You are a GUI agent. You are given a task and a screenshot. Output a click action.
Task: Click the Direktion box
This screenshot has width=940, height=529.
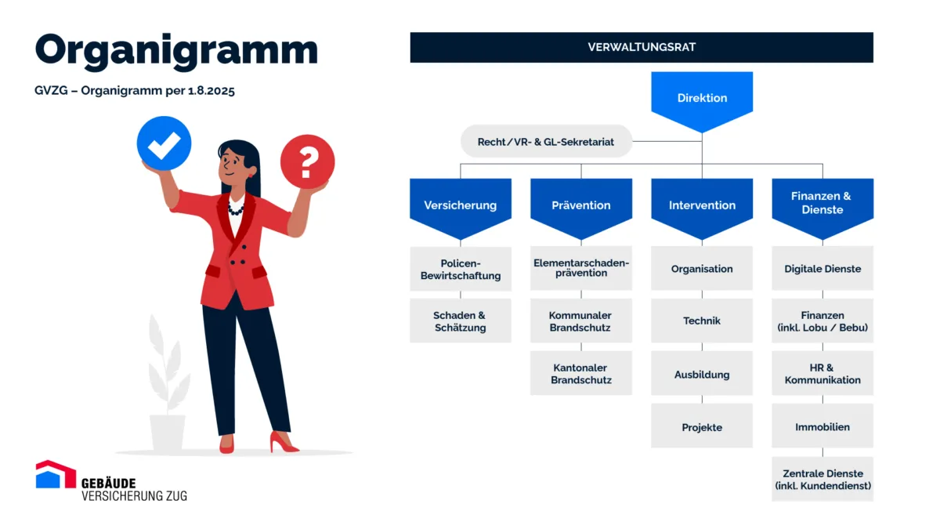click(702, 98)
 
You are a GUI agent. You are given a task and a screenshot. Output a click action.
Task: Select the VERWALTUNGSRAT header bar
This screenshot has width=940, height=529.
click(641, 47)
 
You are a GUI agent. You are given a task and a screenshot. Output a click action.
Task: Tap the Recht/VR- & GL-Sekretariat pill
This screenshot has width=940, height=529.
click(546, 142)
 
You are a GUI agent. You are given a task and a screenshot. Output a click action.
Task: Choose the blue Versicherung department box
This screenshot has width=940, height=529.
click(460, 205)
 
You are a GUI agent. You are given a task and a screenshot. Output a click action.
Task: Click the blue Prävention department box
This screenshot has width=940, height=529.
click(580, 205)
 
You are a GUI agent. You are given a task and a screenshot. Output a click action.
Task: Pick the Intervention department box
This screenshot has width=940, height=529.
click(702, 205)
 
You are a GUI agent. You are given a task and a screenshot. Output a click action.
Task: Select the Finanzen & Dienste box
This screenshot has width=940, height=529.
click(822, 203)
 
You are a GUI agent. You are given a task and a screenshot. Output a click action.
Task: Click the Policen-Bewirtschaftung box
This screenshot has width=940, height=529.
click(460, 269)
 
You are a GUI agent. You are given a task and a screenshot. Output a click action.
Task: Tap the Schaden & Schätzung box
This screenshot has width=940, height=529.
click(460, 321)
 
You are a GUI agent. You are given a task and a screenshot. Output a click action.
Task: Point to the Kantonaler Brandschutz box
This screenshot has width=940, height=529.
click(580, 374)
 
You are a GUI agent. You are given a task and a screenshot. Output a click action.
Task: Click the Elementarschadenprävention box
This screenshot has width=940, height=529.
click(580, 268)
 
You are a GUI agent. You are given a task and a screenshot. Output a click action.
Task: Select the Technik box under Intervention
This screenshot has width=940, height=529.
click(702, 321)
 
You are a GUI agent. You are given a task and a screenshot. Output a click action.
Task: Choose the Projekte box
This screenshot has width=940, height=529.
click(702, 427)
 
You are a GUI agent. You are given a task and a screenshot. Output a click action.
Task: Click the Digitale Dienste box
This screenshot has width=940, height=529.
click(822, 269)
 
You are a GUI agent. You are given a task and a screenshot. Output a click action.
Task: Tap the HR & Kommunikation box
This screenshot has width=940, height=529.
click(822, 374)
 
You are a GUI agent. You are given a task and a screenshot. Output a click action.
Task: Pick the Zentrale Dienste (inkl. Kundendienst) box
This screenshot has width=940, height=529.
click(822, 479)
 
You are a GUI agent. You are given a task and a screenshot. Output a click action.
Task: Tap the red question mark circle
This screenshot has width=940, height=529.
click(307, 161)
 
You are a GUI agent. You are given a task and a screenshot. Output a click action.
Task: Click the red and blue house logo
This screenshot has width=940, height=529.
click(55, 475)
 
